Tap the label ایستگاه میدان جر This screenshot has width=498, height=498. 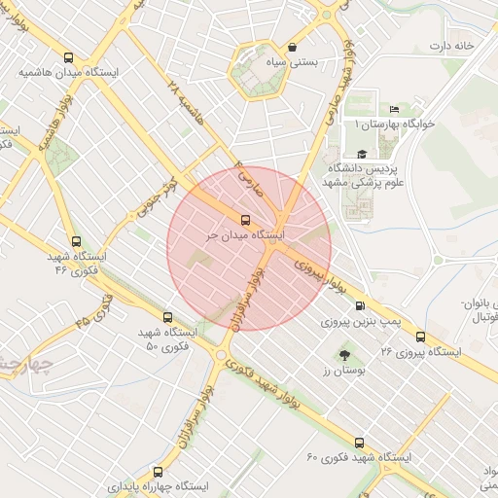(x=244, y=235)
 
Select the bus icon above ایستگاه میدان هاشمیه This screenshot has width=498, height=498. (x=67, y=57)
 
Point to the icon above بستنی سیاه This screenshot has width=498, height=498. (x=293, y=47)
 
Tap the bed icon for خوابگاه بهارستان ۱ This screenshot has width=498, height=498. (x=394, y=109)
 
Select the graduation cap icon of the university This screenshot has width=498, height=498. (x=362, y=154)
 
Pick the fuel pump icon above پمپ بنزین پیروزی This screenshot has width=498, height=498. (x=361, y=305)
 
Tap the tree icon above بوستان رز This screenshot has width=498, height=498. (x=341, y=355)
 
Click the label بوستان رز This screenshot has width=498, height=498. (x=341, y=372)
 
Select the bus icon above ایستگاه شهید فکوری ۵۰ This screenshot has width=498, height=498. (x=167, y=317)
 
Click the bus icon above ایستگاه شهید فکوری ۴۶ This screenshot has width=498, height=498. (x=76, y=241)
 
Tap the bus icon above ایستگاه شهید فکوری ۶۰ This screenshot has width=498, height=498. (x=360, y=443)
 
